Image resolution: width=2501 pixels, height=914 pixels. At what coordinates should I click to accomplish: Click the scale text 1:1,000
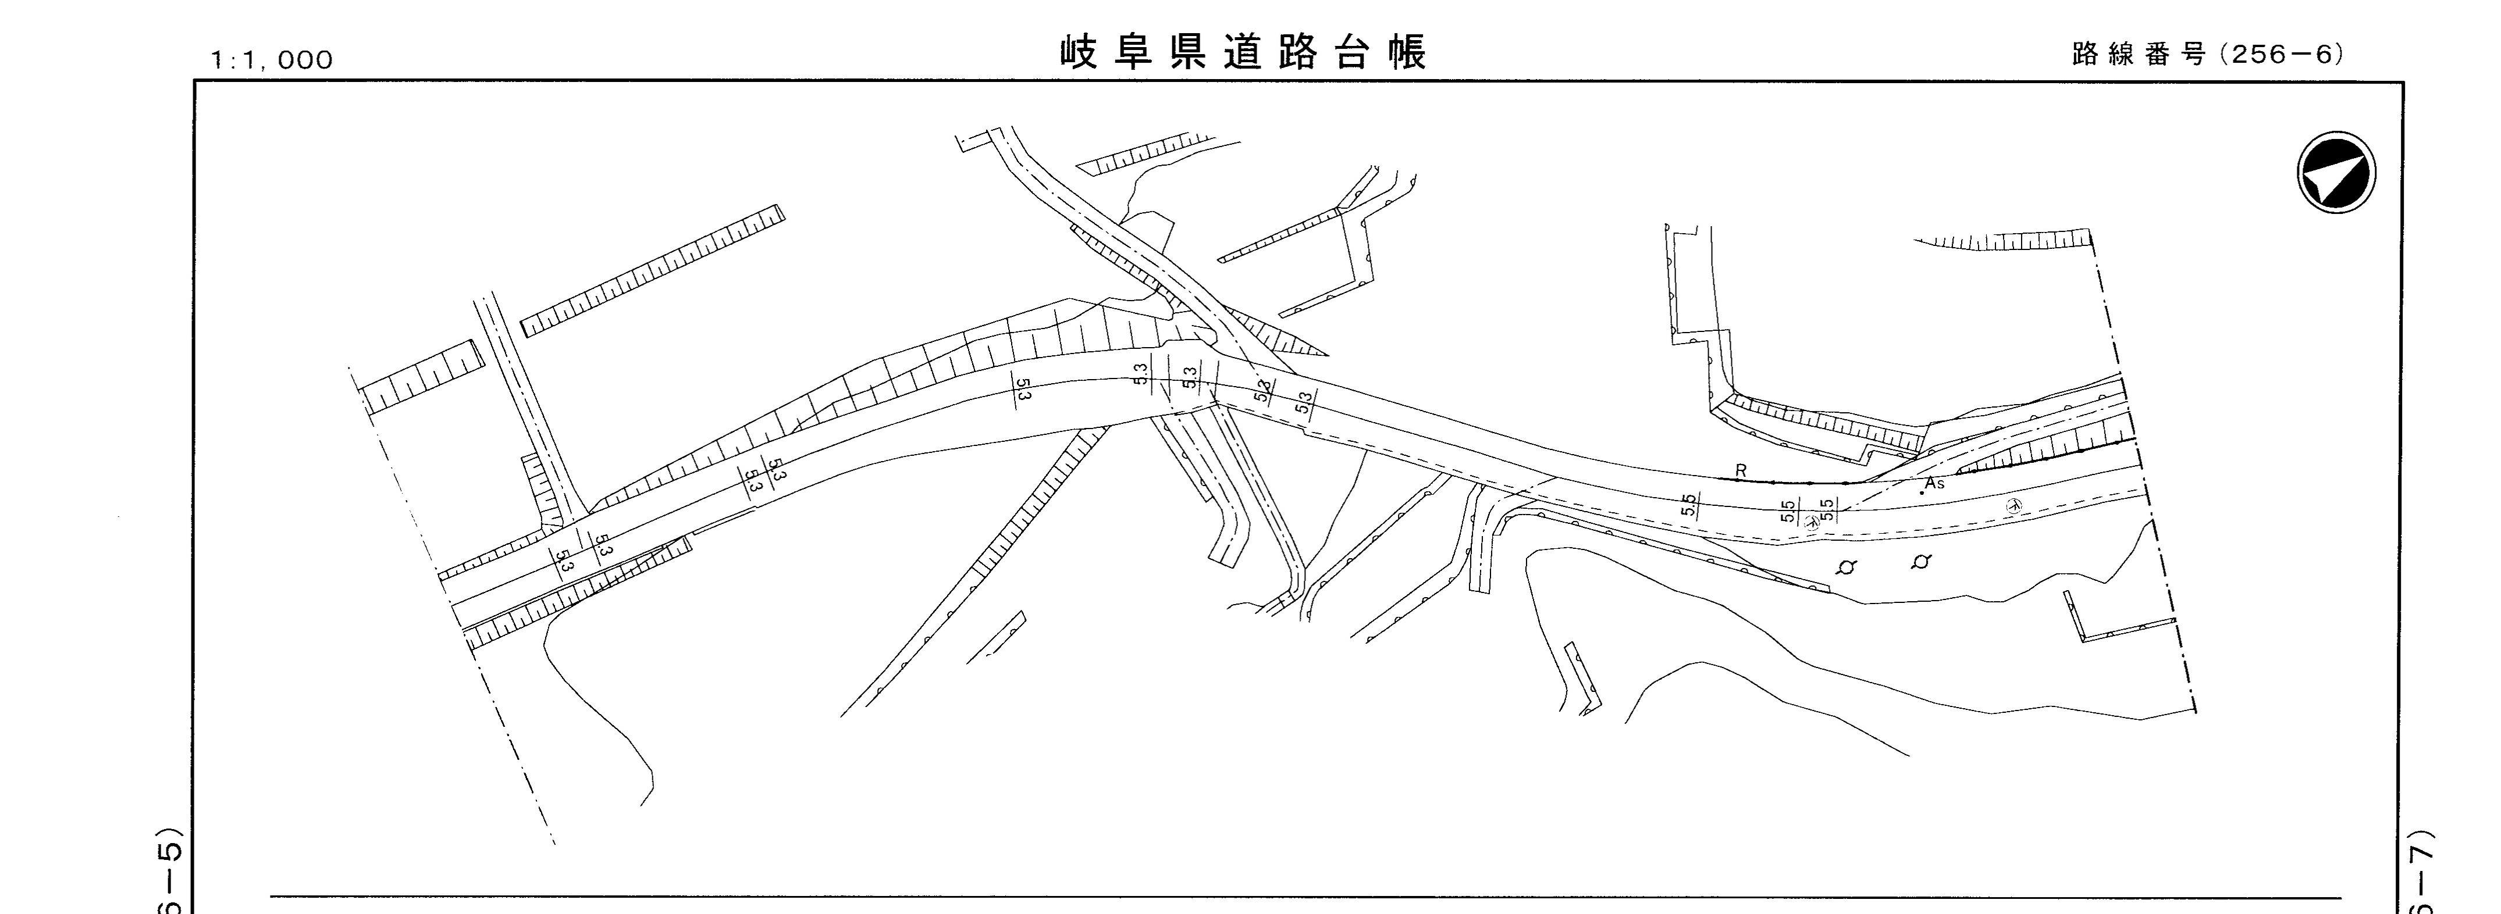click(272, 60)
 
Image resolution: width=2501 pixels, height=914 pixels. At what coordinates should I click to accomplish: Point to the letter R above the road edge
click(1741, 470)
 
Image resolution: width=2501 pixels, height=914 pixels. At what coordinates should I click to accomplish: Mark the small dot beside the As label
click(1922, 493)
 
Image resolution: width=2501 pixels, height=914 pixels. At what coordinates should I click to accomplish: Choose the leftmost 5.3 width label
click(564, 561)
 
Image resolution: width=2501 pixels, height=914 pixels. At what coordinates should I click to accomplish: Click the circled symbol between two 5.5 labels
click(1810, 520)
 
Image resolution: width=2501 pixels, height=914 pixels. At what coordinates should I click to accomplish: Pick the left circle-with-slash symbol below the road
click(1847, 567)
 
